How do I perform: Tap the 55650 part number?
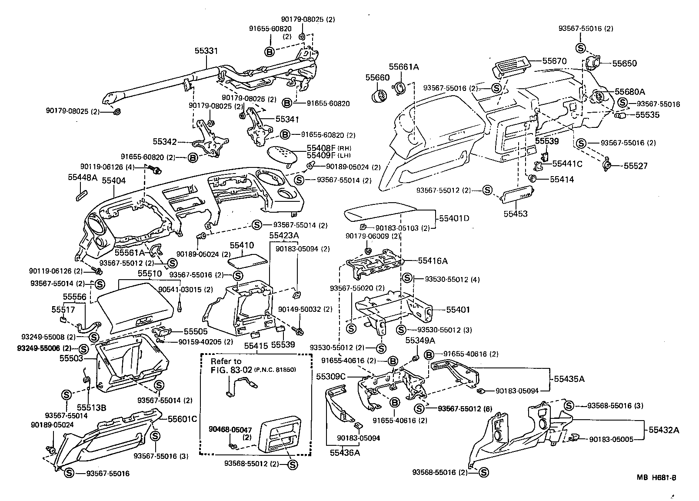coord(625,63)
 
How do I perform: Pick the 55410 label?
coord(242,246)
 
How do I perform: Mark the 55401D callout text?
coord(454,218)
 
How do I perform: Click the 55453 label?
coord(516,214)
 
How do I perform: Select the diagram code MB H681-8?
coord(656,478)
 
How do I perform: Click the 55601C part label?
coord(183,419)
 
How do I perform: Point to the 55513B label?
coord(92,407)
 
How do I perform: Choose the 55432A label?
coord(664,430)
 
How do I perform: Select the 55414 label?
coord(562,179)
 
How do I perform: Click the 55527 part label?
coord(636,166)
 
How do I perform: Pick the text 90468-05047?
coord(230,429)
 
